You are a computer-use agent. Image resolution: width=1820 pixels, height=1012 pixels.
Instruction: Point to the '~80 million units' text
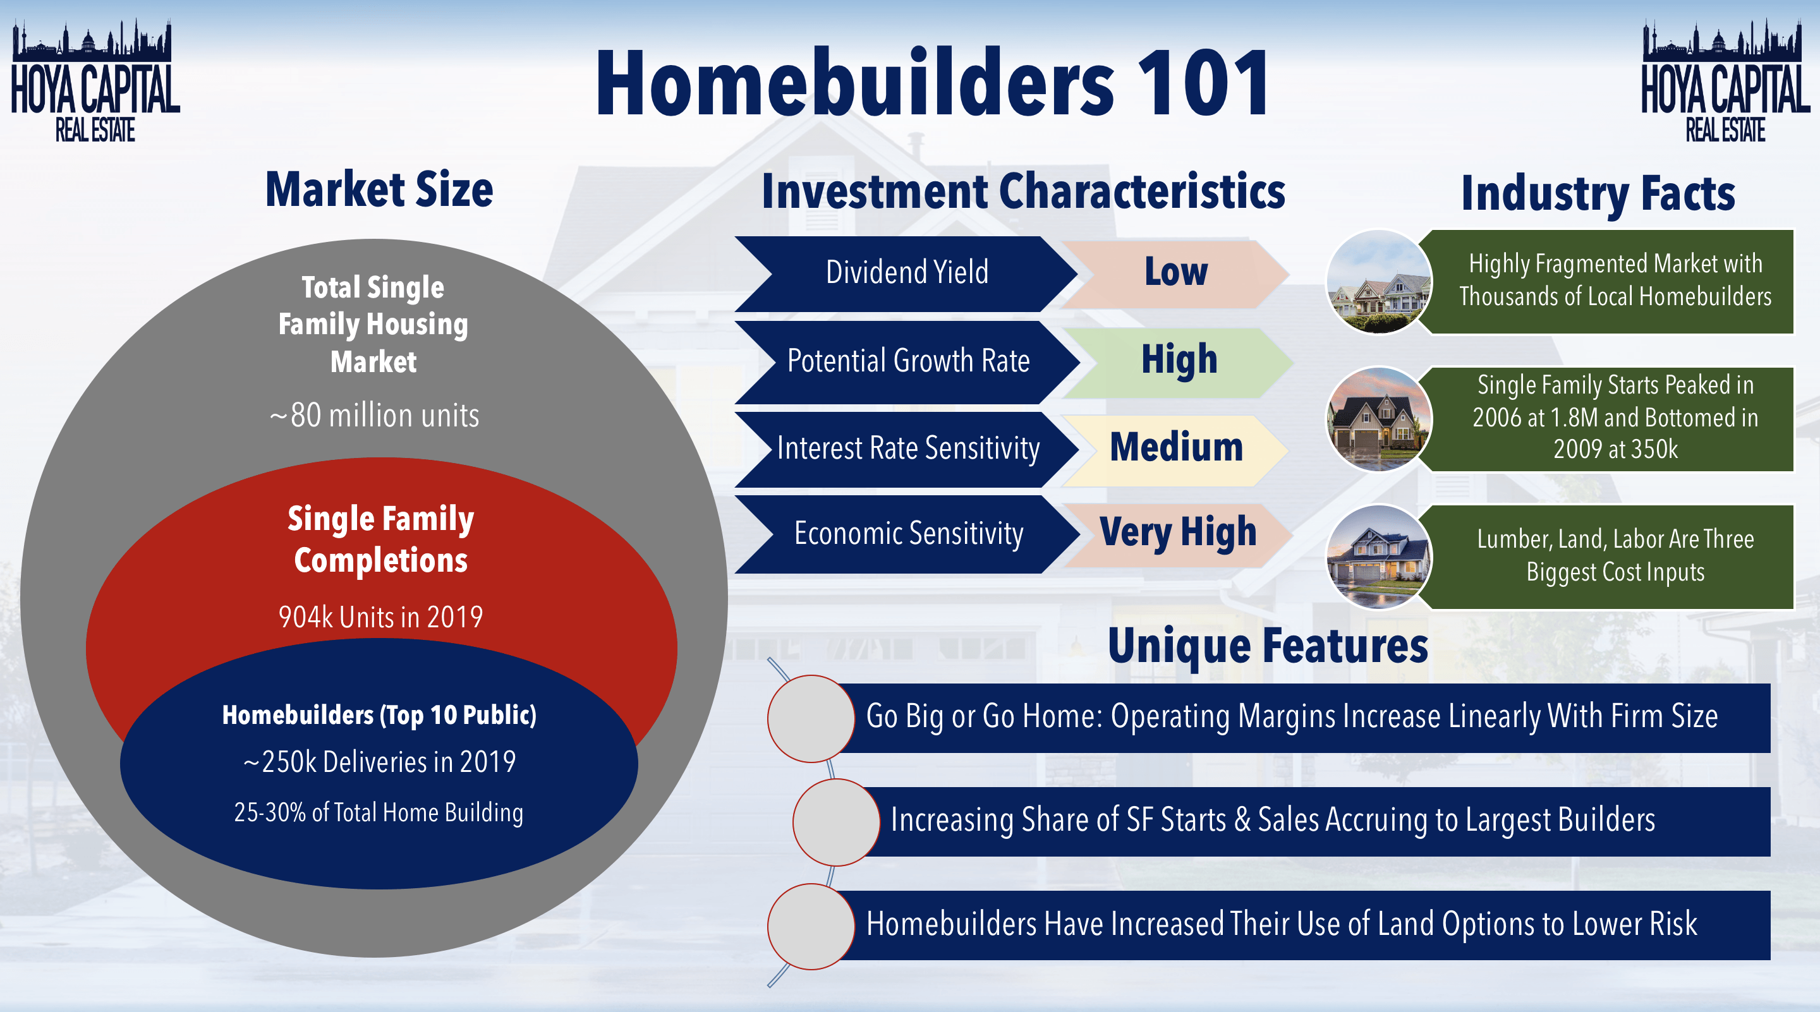click(x=375, y=415)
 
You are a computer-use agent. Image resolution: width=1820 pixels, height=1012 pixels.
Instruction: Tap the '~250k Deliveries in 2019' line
click(x=379, y=762)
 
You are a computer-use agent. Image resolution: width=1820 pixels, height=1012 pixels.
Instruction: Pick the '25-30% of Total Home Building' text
click(x=379, y=813)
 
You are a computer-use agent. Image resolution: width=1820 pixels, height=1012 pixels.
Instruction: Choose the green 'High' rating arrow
click(x=1179, y=361)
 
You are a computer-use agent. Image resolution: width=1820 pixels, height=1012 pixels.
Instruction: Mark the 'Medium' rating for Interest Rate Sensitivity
click(x=1175, y=449)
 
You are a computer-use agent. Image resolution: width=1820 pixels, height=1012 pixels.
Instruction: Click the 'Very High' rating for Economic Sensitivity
click(x=1178, y=533)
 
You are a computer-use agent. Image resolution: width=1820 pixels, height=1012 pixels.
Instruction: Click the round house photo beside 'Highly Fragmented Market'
click(x=1378, y=282)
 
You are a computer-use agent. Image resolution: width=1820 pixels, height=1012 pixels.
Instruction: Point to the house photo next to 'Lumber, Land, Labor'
click(x=1378, y=557)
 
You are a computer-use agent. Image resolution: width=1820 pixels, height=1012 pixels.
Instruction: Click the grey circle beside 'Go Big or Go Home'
click(x=811, y=718)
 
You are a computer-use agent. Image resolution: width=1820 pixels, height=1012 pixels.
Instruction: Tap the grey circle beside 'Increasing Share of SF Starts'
click(x=836, y=822)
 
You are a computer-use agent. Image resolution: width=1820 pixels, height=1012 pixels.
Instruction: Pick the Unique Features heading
click(x=1268, y=646)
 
